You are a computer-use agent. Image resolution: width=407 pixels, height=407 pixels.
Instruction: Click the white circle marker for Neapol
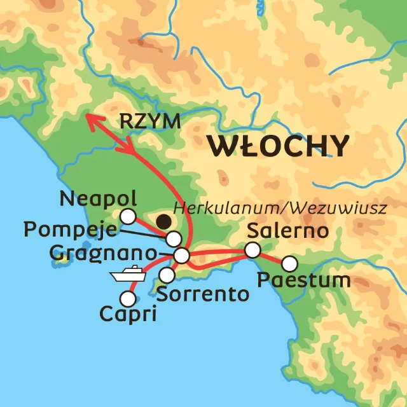tap(128, 216)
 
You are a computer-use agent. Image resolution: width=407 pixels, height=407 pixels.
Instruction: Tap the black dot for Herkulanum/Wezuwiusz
tap(164, 222)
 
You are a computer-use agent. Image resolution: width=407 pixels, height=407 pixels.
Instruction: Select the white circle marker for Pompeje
tap(174, 239)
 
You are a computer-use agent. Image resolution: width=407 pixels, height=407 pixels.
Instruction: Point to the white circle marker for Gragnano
tap(182, 256)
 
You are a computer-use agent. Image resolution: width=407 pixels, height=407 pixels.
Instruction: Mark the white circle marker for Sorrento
tap(167, 275)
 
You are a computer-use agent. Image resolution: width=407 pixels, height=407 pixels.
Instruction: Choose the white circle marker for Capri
tap(129, 298)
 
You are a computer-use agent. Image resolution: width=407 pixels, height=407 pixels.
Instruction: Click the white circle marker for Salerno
tap(253, 249)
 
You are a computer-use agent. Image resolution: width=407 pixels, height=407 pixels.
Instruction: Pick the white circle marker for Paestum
tap(290, 263)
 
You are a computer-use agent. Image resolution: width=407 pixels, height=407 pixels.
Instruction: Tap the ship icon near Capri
tap(128, 275)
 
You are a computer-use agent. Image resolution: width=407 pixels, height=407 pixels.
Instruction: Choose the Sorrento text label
tap(193, 295)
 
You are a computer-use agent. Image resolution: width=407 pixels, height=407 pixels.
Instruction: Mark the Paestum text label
tap(304, 280)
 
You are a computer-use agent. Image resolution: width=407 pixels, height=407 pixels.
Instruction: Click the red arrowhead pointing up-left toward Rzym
tap(92, 120)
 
